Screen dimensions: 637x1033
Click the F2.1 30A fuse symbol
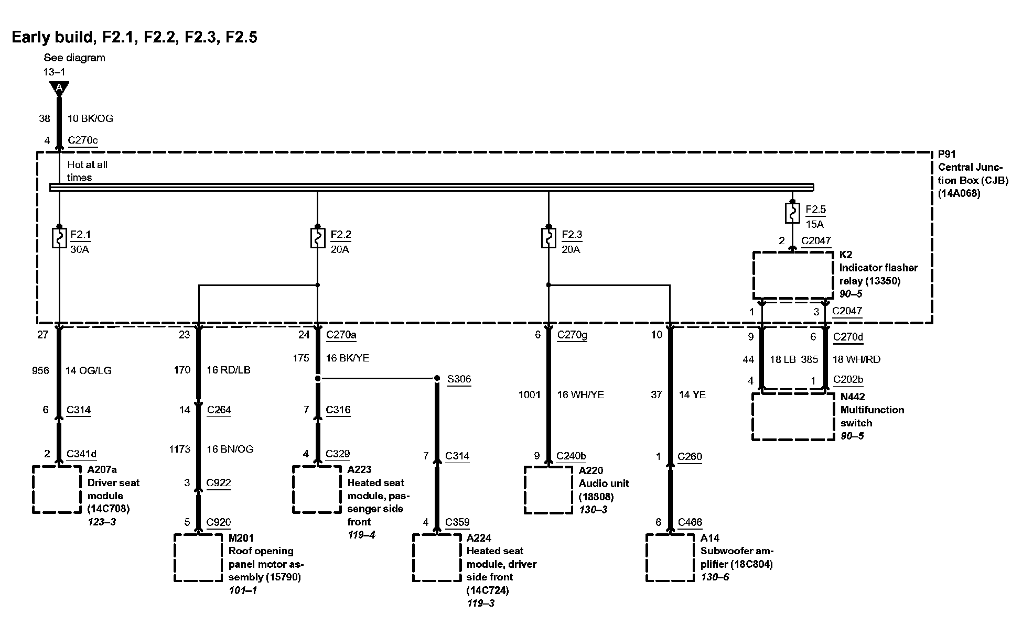click(59, 237)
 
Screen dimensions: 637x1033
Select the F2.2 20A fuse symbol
click(317, 237)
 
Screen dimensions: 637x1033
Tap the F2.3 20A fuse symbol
click(548, 237)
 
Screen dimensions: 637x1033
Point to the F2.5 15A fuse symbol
click(792, 213)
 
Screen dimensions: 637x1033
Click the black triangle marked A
click(59, 88)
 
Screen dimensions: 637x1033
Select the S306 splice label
click(459, 379)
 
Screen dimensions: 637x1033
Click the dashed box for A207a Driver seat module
click(57, 489)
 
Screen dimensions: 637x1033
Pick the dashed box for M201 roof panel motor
click(198, 557)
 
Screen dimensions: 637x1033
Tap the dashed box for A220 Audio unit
click(548, 490)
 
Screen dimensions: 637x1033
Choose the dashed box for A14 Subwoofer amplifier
click(670, 557)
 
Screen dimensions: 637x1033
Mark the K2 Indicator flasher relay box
click(793, 276)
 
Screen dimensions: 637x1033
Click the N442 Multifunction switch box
click(793, 416)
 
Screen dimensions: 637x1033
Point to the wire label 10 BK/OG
click(90, 118)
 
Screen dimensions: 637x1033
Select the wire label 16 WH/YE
click(580, 394)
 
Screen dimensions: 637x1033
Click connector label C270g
click(572, 335)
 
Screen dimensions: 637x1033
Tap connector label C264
click(219, 410)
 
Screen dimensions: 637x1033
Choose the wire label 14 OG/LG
click(88, 370)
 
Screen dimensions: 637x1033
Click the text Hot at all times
click(87, 171)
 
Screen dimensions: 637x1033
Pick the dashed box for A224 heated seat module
click(437, 557)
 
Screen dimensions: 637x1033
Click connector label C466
click(690, 522)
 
